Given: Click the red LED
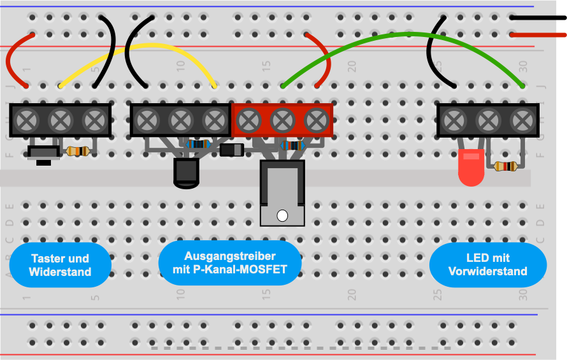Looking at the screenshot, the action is (471, 167).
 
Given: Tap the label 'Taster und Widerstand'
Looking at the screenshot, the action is (60, 265).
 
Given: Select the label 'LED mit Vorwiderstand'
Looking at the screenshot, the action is (488, 264).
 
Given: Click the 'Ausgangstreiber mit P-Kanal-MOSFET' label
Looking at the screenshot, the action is (230, 263).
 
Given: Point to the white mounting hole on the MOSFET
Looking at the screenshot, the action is (282, 215).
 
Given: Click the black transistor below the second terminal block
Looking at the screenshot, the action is (186, 173).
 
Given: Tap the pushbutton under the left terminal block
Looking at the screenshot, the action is (44, 155).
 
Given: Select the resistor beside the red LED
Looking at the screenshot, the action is (505, 166).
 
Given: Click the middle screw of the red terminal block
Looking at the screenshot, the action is (282, 120).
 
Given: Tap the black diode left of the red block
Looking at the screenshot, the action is (232, 150).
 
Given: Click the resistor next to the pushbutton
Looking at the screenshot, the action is (78, 151).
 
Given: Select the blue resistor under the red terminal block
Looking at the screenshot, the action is (292, 146).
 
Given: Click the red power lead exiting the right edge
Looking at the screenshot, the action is (538, 35).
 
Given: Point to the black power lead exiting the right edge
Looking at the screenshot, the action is (538, 18).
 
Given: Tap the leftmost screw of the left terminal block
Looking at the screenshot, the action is (26, 120).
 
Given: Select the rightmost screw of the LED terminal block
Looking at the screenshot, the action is (522, 120).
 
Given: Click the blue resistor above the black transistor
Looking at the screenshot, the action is (198, 145).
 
